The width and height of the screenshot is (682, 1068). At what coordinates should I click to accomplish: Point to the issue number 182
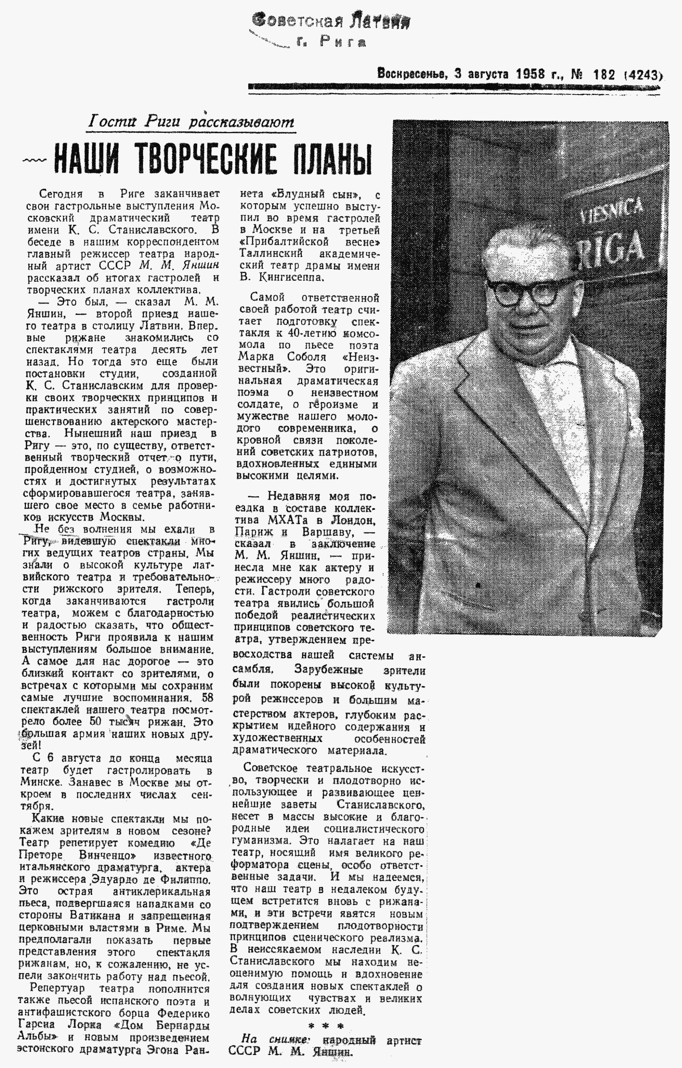tap(604, 74)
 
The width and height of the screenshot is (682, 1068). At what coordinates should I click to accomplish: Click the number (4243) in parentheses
tap(643, 75)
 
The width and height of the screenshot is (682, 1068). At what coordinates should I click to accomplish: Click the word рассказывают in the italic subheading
tap(242, 122)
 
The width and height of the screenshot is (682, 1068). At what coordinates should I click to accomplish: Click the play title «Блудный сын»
tap(316, 194)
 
